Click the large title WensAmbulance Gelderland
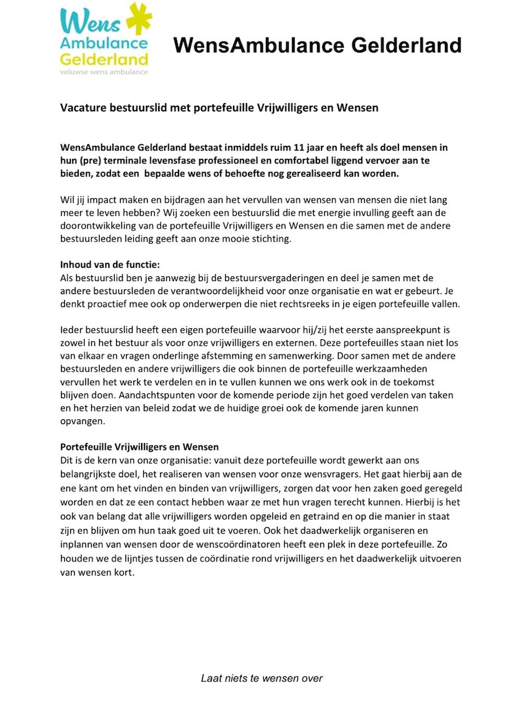click(x=318, y=45)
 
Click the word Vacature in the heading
click(x=80, y=107)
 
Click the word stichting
click(x=286, y=239)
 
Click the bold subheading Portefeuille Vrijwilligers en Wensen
click(x=139, y=447)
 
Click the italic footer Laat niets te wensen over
click(x=262, y=678)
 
